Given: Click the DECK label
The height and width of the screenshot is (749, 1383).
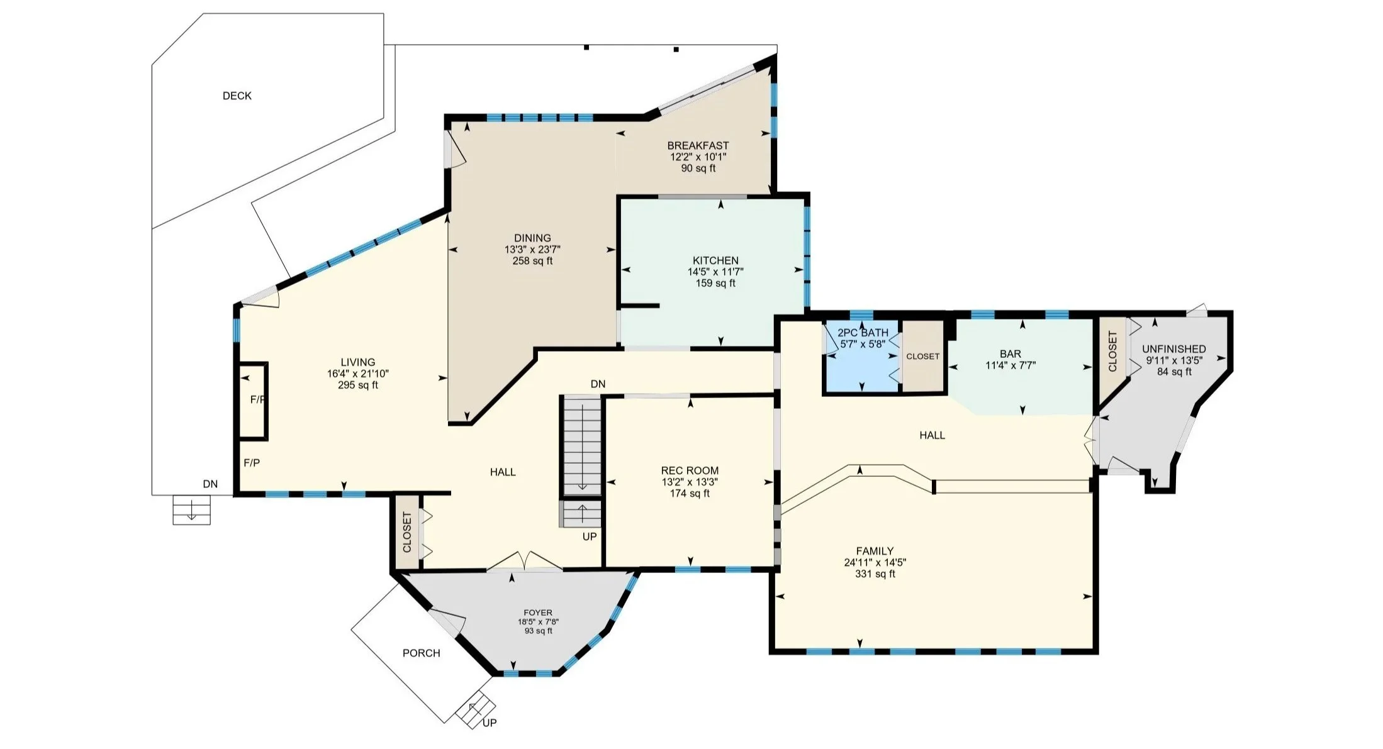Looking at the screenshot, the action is point(237,96).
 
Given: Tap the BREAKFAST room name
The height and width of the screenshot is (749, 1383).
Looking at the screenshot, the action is point(698,145).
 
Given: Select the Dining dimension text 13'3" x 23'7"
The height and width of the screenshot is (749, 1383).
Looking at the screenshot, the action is point(532,249).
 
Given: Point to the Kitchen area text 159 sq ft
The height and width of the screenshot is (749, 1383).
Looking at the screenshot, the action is point(715,283).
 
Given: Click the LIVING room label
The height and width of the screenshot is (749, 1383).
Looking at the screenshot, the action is point(358,362).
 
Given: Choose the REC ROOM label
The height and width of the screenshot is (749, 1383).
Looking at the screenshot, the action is point(690,470).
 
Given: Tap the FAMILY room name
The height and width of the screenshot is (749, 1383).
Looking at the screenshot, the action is point(875,551).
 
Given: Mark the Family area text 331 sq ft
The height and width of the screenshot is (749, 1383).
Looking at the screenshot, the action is point(875,574).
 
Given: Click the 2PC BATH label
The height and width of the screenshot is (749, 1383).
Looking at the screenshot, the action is point(863,333).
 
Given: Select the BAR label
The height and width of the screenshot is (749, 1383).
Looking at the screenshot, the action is point(1011,354).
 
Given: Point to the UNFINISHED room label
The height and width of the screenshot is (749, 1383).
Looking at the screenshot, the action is point(1174,349).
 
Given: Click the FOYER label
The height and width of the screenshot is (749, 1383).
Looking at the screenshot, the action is point(538,613).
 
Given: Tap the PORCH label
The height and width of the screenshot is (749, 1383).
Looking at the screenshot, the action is point(422,653).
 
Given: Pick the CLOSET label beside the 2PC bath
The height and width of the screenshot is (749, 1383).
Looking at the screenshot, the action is point(922,357).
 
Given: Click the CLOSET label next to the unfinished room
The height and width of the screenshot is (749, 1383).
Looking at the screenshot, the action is point(1112,351).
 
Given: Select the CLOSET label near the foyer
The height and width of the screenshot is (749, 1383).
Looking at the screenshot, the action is point(407,532).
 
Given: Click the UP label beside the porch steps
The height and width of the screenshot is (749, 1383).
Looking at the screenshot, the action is point(490,723).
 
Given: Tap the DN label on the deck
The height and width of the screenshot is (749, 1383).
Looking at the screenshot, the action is point(210,484).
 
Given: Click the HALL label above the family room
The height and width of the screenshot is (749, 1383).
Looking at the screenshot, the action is point(932,435).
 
